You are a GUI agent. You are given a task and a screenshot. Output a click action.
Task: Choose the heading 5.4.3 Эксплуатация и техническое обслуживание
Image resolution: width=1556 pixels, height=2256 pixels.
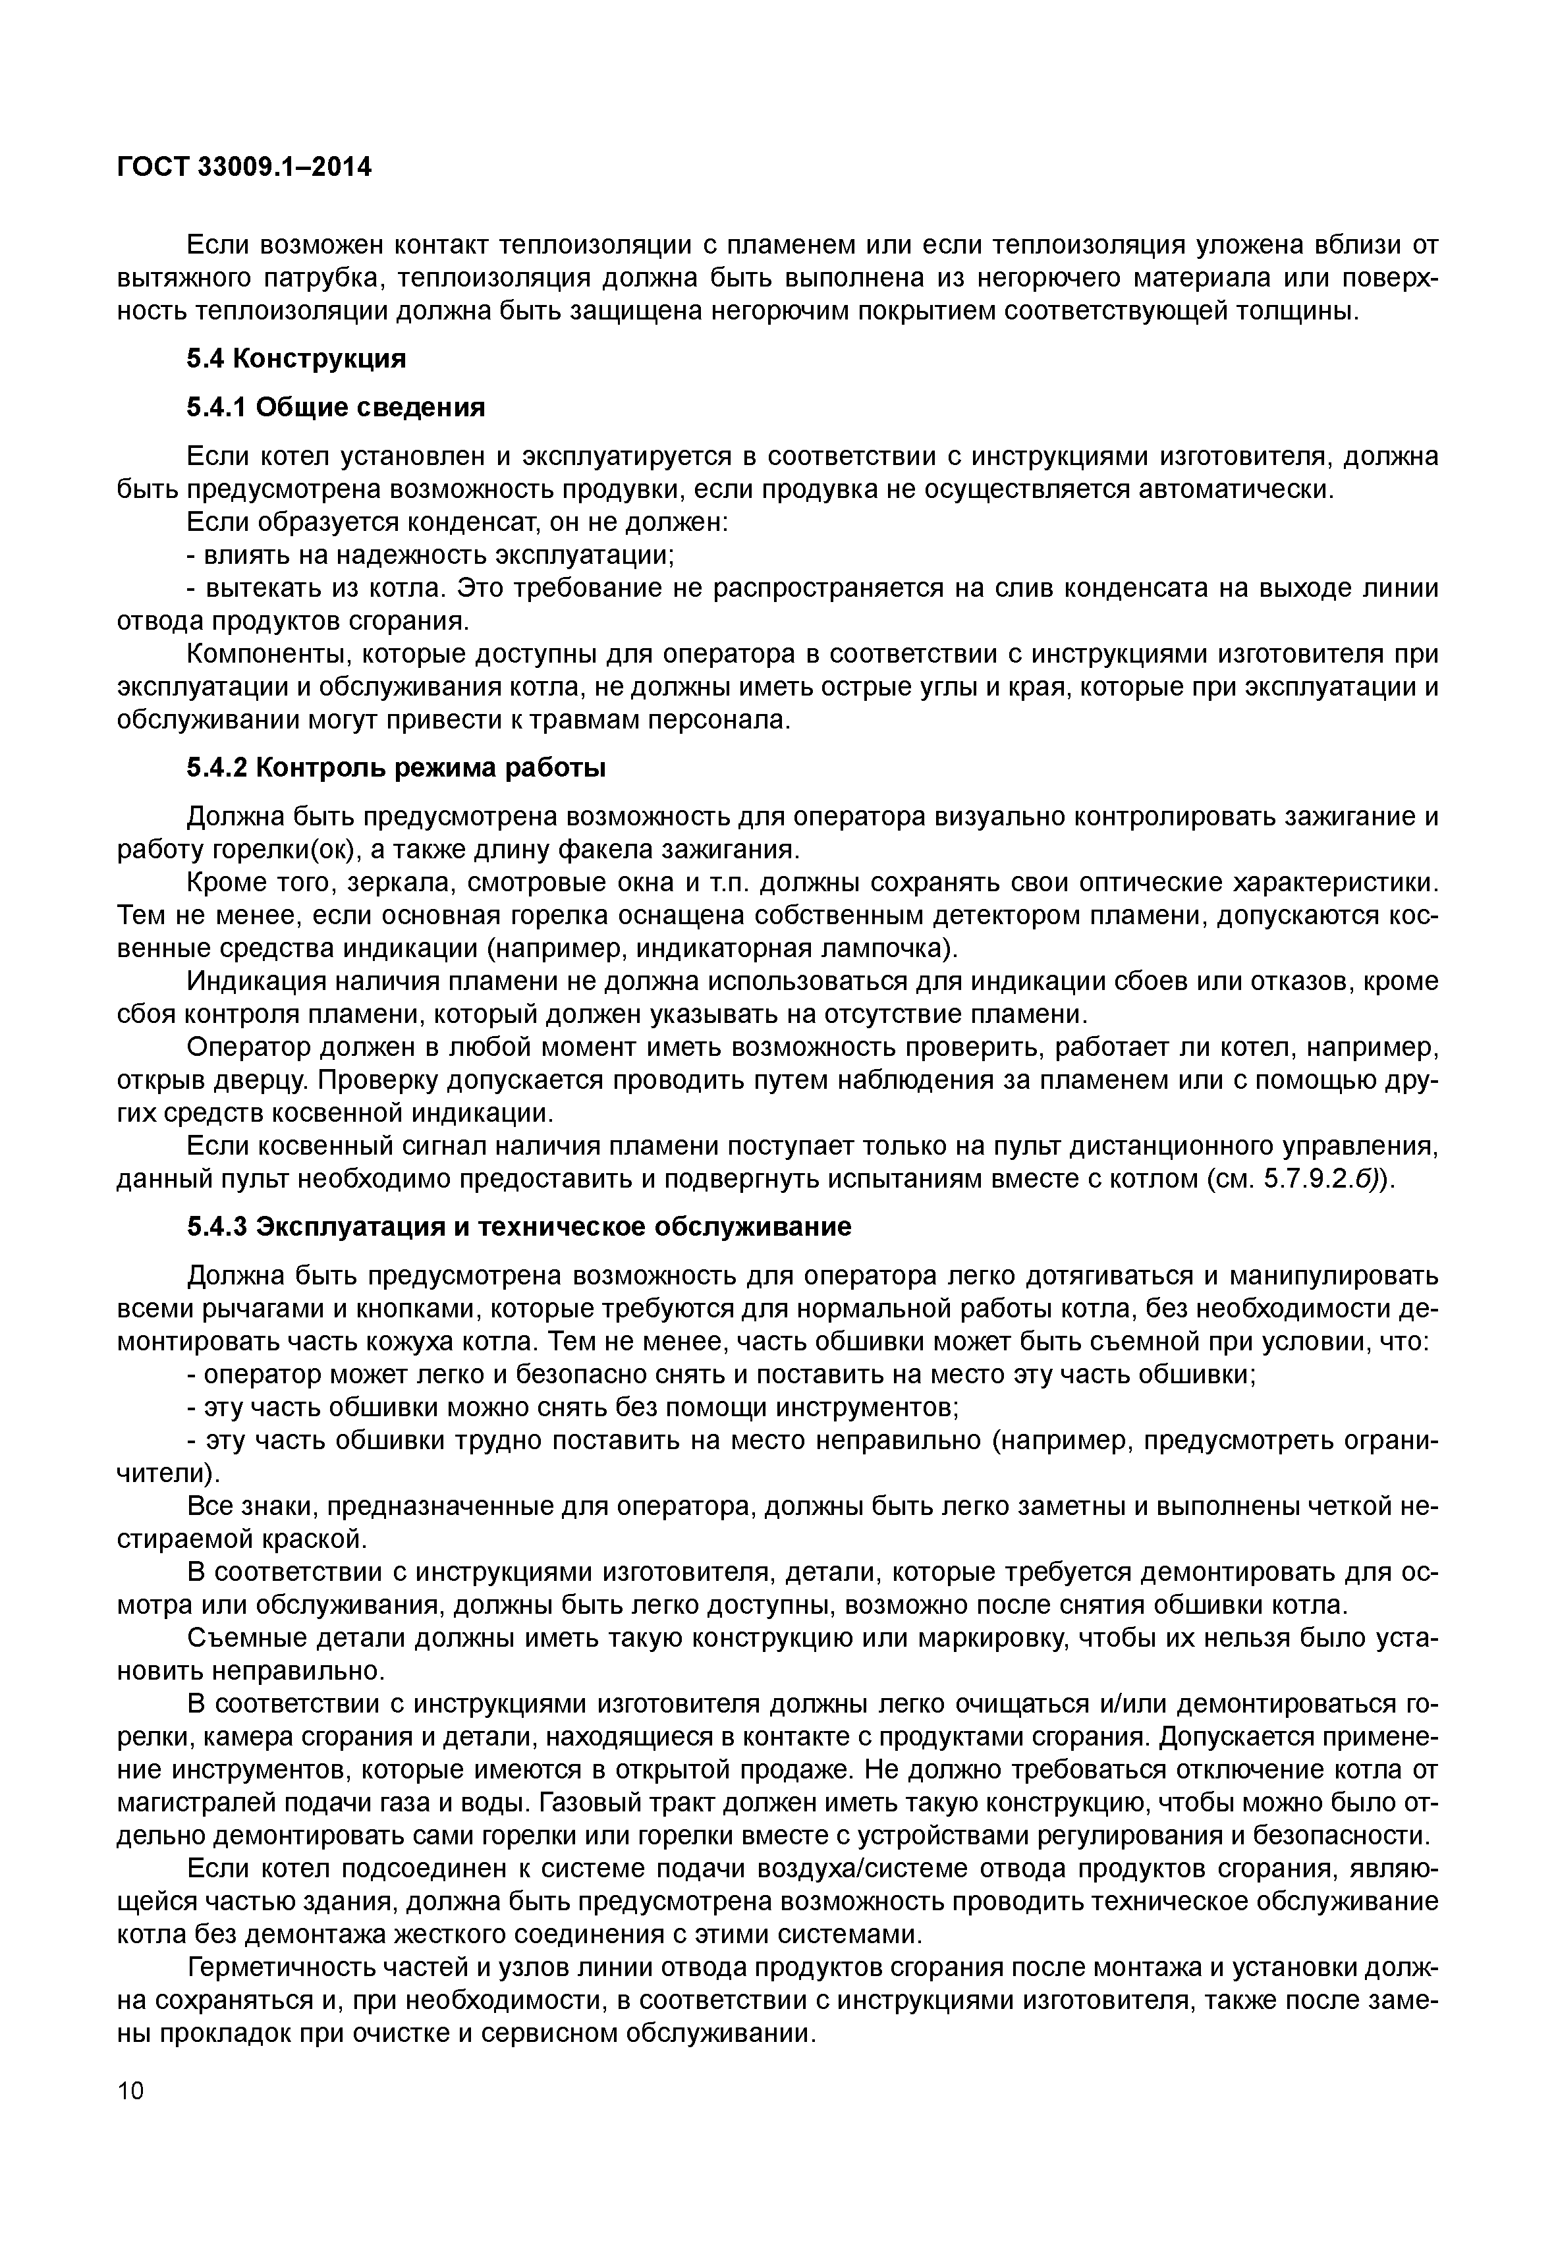pos(518,1226)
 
